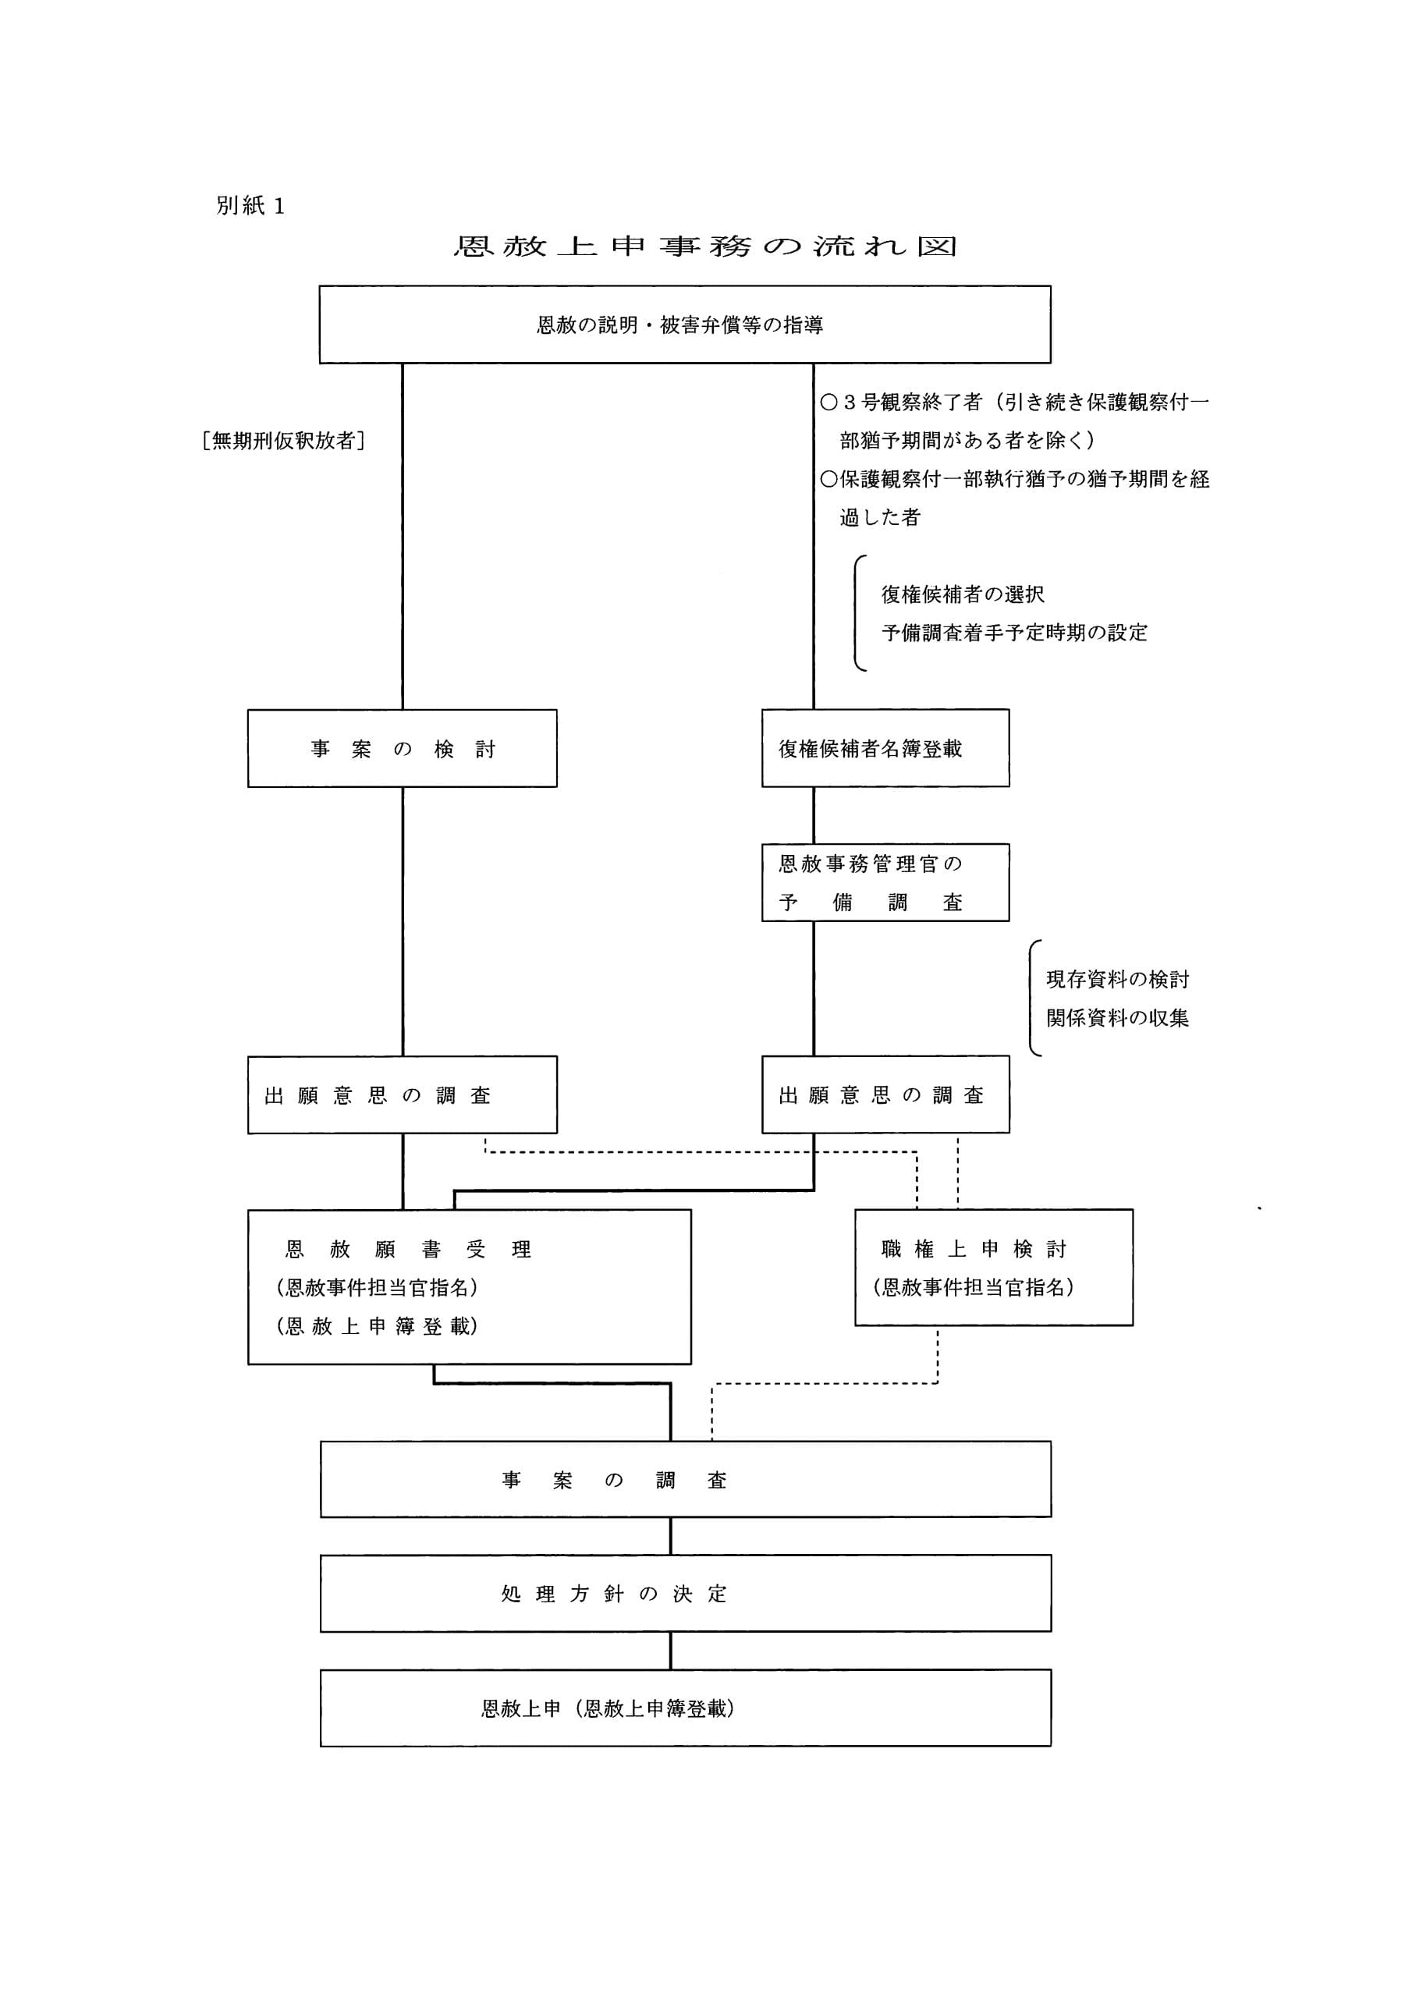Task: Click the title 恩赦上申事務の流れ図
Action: coord(704,247)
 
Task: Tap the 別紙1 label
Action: coord(250,206)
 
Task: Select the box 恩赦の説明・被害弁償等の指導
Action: coord(684,325)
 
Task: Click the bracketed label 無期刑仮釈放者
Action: coord(282,441)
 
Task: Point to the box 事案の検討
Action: coord(402,749)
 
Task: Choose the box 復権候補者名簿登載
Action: coord(885,749)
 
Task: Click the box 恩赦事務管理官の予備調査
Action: coord(885,883)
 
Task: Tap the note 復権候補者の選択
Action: coord(962,595)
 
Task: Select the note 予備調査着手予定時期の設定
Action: coord(1013,633)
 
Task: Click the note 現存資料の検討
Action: coord(1117,979)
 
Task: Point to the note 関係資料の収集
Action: coord(1117,1018)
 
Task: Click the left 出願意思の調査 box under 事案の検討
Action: coord(402,1095)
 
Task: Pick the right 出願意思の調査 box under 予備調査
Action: coord(885,1095)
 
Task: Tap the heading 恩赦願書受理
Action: coord(408,1250)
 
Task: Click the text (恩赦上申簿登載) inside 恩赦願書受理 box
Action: coord(377,1326)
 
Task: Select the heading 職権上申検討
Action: coord(973,1250)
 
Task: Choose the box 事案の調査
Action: coord(685,1481)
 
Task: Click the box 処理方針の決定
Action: coord(685,1594)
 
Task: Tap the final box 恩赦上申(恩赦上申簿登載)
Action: coord(685,1708)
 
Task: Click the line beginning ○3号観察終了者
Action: coord(1014,403)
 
